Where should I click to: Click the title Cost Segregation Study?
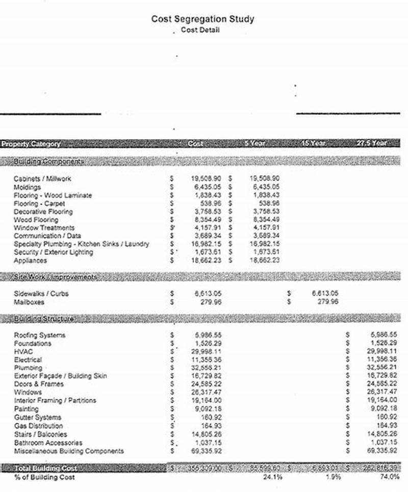coord(202,19)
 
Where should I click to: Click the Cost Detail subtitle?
coord(200,30)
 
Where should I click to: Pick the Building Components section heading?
coord(48,162)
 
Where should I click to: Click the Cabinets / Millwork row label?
coord(42,179)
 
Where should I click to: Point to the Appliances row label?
coord(30,261)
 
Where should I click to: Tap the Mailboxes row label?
coord(29,302)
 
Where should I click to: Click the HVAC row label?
coord(23,352)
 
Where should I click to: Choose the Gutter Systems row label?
coord(37,417)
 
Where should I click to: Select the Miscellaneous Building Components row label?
coord(68,451)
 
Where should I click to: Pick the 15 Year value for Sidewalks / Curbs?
coord(325,294)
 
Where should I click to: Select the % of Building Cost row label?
coord(44,477)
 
